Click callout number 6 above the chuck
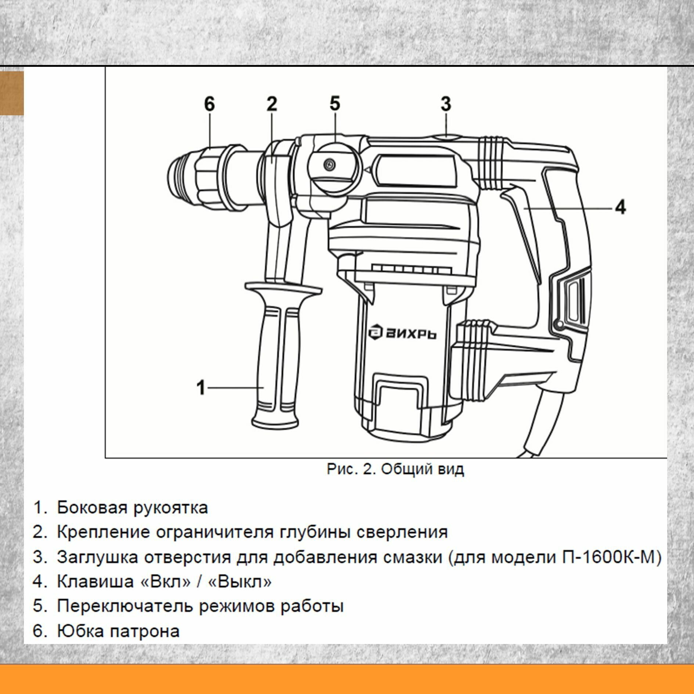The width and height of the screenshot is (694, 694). pos(209,104)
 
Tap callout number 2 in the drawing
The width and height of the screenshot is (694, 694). pos(271,104)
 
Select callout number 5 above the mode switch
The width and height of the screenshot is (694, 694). pos(335,103)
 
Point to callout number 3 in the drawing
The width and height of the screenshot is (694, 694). pos(445,104)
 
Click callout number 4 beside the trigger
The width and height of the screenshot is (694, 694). pos(620,207)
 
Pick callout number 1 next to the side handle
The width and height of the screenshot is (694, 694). pos(201,387)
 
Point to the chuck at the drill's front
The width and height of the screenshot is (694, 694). pos(206,176)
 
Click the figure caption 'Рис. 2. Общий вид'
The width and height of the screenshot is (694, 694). pos(395,469)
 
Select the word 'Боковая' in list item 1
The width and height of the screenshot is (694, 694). pos(91,508)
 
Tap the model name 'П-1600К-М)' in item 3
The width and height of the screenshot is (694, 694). pos(612,557)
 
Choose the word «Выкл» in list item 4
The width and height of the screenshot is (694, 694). pos(240,582)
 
